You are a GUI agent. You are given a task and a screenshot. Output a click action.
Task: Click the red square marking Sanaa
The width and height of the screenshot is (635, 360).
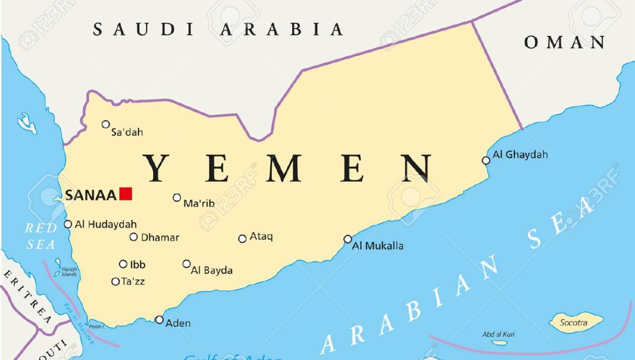pyautogui.click(x=125, y=194)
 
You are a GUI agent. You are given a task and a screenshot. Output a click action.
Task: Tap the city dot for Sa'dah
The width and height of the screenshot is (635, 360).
pyautogui.click(x=106, y=124)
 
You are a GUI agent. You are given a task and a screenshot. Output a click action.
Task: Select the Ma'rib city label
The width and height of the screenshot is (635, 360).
pyautogui.click(x=198, y=203)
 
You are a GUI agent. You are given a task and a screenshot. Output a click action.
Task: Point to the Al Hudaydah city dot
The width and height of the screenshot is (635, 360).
pyautogui.click(x=68, y=224)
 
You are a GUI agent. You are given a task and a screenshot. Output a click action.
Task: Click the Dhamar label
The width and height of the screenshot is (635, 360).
pyautogui.click(x=160, y=238)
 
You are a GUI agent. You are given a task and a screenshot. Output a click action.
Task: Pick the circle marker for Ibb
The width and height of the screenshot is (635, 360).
pyautogui.click(x=123, y=264)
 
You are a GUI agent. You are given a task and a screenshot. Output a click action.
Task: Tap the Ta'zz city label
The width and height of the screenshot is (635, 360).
pyautogui.click(x=133, y=282)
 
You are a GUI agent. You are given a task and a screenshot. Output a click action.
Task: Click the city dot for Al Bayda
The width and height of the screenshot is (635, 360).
pyautogui.click(x=186, y=264)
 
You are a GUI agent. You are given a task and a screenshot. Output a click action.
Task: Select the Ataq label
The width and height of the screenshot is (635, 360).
pyautogui.click(x=261, y=237)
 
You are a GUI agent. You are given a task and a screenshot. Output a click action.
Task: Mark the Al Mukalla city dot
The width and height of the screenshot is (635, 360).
pyautogui.click(x=348, y=239)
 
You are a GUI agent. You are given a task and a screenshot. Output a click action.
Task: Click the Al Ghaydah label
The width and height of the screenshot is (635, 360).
pyautogui.click(x=520, y=155)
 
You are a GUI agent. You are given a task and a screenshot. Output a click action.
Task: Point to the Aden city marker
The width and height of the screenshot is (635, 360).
pyautogui.click(x=159, y=319)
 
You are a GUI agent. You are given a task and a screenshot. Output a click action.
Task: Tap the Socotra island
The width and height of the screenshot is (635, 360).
pyautogui.click(x=576, y=321)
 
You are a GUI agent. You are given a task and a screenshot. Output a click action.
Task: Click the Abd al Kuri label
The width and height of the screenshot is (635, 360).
pyautogui.click(x=498, y=334)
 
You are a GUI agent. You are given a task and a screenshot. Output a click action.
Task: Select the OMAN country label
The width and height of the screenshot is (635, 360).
pyautogui.click(x=565, y=42)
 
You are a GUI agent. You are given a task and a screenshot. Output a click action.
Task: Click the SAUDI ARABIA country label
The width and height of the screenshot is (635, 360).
pyautogui.click(x=218, y=29)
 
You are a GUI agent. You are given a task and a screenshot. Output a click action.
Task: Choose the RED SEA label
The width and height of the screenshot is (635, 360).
pyautogui.click(x=40, y=236)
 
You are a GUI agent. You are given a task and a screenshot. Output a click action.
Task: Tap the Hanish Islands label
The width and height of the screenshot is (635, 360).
pyautogui.click(x=69, y=272)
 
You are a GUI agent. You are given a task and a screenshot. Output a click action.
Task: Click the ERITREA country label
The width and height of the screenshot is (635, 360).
pyautogui.click(x=28, y=296)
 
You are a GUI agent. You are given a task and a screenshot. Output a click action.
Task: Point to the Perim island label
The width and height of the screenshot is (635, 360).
pyautogui.click(x=96, y=327)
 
